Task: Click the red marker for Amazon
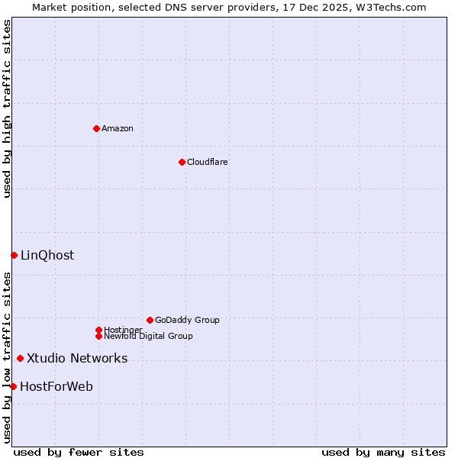[96, 128]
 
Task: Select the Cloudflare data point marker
[182, 162]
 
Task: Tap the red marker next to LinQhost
[14, 255]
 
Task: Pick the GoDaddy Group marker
[150, 320]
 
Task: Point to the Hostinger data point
[98, 330]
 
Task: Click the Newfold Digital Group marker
[98, 336]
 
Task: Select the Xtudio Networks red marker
[20, 358]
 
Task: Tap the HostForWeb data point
[13, 386]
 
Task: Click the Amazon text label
[118, 128]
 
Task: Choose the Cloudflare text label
[207, 162]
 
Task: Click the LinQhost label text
[47, 255]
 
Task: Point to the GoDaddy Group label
[187, 320]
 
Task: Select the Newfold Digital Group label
[148, 336]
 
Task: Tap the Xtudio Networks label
[77, 358]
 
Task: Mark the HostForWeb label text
[56, 386]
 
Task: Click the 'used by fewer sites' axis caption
[79, 452]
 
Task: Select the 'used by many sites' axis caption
[383, 452]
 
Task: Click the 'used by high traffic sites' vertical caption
[7, 108]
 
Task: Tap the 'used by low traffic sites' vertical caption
[7, 357]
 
